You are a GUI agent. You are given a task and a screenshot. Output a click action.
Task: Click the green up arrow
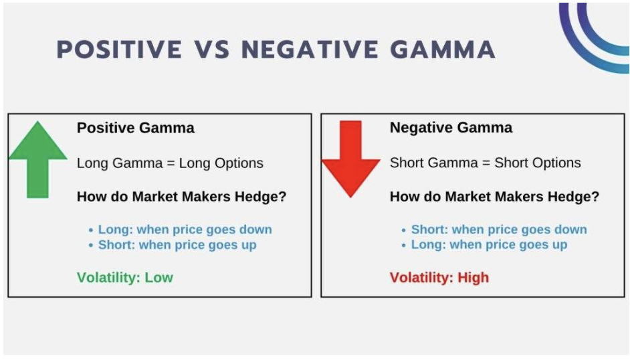(x=37, y=161)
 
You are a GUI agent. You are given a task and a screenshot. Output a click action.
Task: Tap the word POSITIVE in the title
(x=119, y=50)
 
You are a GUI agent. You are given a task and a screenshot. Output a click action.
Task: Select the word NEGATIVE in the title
(x=310, y=50)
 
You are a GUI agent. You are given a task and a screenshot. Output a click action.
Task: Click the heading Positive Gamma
(x=135, y=128)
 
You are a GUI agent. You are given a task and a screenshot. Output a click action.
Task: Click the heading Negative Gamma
(x=451, y=127)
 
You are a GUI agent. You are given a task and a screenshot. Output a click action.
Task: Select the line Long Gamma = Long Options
(x=170, y=163)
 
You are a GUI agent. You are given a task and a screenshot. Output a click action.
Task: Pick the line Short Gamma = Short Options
(x=486, y=163)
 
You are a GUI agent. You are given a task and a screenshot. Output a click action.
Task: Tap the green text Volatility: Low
(x=125, y=277)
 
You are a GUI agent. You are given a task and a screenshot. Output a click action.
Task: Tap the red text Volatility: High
(x=439, y=277)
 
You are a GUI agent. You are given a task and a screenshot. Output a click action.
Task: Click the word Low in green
(x=159, y=277)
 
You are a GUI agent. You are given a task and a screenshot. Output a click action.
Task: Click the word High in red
(x=474, y=277)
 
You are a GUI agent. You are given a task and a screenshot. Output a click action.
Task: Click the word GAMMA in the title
(x=443, y=50)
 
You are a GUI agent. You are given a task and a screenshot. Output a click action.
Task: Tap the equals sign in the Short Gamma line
(x=486, y=163)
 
